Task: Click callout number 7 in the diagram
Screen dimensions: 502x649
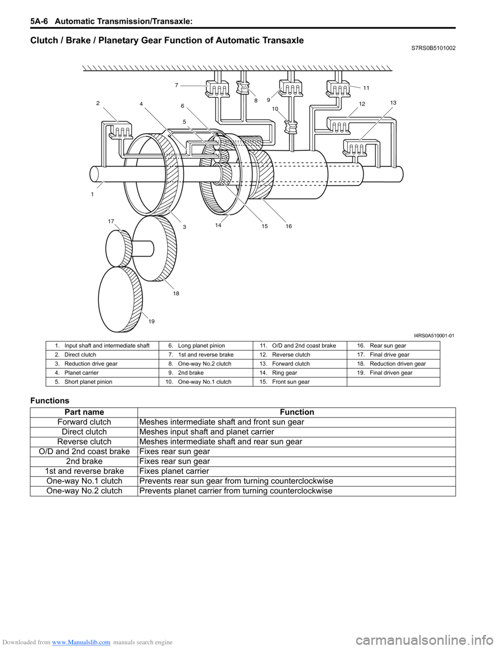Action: (x=177, y=85)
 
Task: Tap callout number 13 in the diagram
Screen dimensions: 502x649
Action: (x=393, y=102)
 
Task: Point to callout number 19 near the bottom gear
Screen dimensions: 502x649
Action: (x=152, y=321)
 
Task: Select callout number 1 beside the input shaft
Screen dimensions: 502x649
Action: (x=93, y=194)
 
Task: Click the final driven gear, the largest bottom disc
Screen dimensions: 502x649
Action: (x=120, y=299)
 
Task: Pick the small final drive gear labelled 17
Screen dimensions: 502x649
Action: (x=119, y=248)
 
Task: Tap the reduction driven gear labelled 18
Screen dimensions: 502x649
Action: (x=154, y=248)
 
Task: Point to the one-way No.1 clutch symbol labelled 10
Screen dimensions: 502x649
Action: (x=291, y=126)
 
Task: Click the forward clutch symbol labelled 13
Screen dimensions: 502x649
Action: (x=355, y=148)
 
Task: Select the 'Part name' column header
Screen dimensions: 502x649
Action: (x=84, y=412)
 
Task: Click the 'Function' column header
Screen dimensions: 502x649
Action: (x=296, y=412)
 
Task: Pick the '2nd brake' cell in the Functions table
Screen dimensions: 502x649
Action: (x=84, y=461)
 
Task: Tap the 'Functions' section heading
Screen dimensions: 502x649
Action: (x=50, y=400)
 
